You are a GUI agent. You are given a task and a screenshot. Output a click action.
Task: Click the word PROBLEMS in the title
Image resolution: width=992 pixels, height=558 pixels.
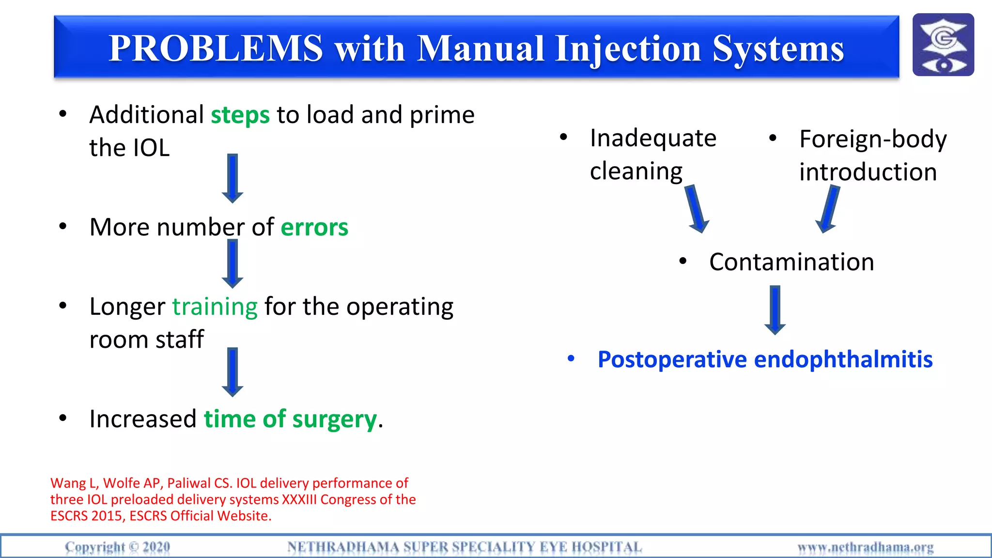tap(216, 48)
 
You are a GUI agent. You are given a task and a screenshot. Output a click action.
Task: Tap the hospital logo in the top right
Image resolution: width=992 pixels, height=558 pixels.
tap(943, 45)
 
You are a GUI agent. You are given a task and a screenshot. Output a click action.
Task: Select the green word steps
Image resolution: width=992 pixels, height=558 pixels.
tap(240, 115)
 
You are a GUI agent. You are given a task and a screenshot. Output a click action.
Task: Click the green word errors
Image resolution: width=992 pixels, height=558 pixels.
tap(314, 227)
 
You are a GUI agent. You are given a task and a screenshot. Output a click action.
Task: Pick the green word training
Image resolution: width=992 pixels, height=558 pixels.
tap(215, 307)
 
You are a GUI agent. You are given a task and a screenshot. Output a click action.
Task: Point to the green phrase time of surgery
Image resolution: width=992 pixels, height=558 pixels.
tap(290, 419)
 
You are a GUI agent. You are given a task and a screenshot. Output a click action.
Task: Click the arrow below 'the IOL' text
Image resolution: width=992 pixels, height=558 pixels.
tap(232, 178)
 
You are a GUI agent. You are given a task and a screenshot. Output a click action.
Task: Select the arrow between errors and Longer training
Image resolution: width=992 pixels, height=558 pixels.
tap(232, 263)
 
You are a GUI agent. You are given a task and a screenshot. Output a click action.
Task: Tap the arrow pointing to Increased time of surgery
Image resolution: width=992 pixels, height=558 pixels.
tap(232, 372)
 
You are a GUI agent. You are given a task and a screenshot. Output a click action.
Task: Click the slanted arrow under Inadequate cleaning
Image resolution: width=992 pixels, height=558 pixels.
tap(697, 209)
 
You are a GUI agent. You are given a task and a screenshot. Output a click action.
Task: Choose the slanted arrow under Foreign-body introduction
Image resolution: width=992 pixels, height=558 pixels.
tap(829, 209)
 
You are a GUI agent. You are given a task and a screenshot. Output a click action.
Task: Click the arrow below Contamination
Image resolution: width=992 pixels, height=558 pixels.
tap(775, 310)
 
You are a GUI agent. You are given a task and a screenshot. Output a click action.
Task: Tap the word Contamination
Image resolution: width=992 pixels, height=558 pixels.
tap(791, 262)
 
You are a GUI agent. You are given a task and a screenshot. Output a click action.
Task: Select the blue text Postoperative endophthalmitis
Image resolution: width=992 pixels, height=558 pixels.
tap(765, 359)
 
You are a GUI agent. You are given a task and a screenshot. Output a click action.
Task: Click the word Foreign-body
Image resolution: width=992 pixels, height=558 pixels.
tap(873, 139)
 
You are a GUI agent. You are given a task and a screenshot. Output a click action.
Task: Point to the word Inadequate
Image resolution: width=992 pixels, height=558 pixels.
tap(653, 139)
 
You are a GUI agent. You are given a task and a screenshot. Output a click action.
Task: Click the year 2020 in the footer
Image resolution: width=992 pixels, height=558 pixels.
tap(156, 547)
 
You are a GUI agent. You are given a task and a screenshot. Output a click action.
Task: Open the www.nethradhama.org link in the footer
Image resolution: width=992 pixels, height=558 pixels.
tap(866, 547)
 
